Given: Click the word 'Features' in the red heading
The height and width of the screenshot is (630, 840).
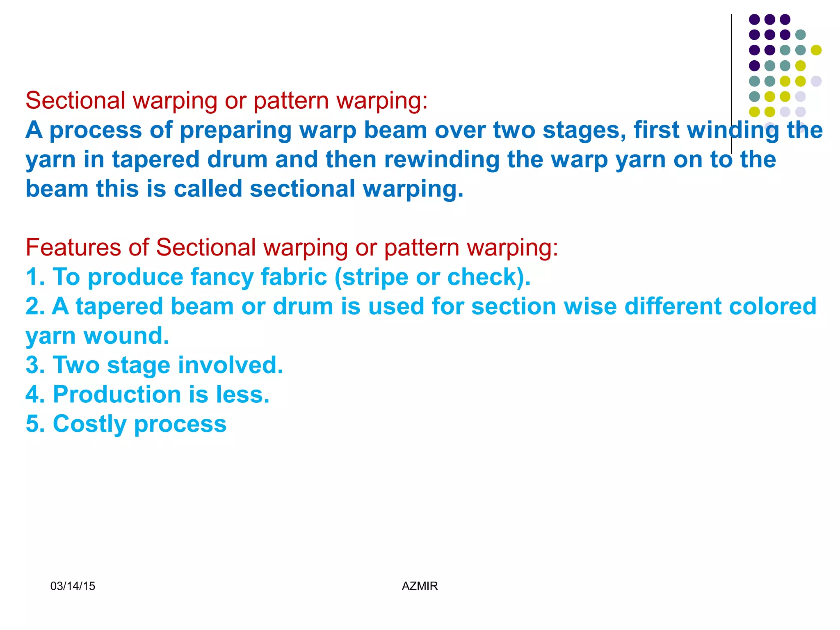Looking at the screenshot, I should click(x=73, y=248).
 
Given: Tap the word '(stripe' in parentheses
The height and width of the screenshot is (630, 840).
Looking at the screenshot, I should click(x=372, y=277).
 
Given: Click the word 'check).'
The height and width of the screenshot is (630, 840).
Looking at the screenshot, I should click(x=488, y=277).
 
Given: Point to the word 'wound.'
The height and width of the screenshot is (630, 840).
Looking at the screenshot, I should click(x=126, y=336).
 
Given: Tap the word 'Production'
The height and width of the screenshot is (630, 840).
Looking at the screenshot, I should click(x=117, y=395).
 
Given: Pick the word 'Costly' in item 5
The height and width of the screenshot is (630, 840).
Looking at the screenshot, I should click(x=90, y=424).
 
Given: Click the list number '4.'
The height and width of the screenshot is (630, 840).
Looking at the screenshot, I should click(x=35, y=395).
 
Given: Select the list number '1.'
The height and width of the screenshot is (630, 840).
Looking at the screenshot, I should click(x=35, y=277).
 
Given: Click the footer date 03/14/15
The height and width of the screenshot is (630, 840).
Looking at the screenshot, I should click(x=73, y=586).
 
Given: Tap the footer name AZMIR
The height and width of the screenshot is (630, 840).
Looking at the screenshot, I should click(x=420, y=586).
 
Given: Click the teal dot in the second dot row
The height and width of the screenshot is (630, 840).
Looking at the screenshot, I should click(x=800, y=35).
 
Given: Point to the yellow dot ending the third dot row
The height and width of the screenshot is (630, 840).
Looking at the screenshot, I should click(x=816, y=50).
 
